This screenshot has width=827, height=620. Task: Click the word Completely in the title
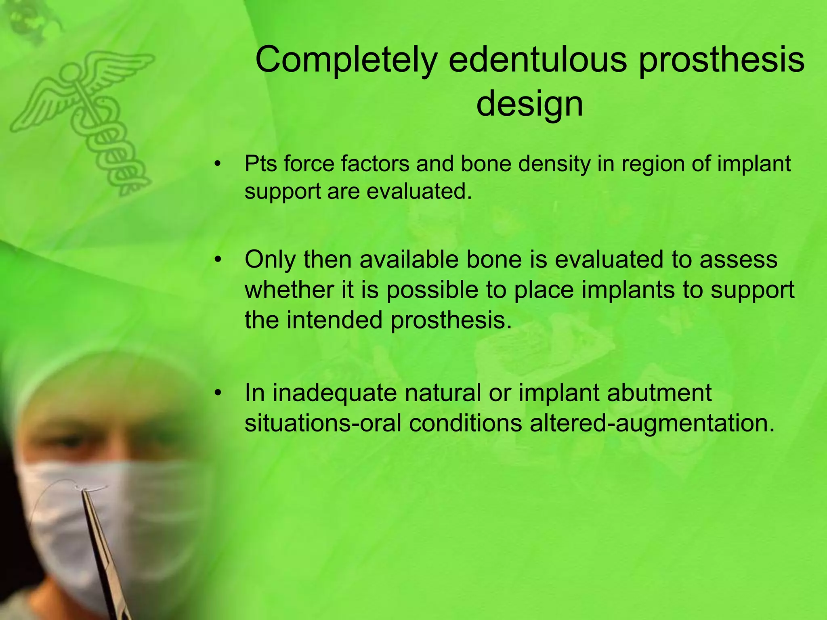(x=346, y=61)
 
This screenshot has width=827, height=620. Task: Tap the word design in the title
(x=529, y=104)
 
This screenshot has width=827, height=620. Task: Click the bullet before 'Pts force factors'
(x=218, y=164)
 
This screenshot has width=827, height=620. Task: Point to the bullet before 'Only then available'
(x=218, y=260)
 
